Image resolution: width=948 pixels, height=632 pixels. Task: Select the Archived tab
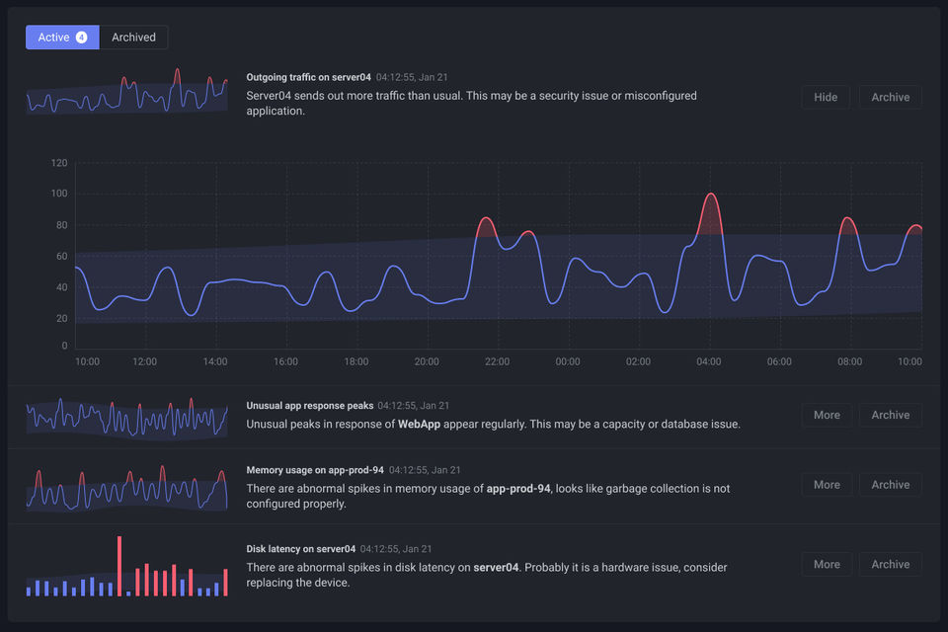(x=133, y=38)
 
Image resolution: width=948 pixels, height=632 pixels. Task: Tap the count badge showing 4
(x=81, y=38)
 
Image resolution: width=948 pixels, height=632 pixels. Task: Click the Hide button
(x=826, y=97)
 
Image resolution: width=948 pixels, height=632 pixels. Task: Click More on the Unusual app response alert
(x=827, y=415)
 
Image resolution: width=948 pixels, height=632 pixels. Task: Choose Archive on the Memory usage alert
(x=890, y=485)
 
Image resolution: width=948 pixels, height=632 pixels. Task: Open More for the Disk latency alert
(x=827, y=564)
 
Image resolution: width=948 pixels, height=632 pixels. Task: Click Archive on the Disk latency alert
(x=890, y=564)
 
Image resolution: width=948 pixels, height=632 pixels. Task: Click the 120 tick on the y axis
(x=59, y=163)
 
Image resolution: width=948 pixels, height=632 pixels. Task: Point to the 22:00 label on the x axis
(x=497, y=361)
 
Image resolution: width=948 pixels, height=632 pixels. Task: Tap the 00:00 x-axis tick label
(x=568, y=361)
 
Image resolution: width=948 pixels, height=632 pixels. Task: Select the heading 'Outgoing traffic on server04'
(x=308, y=76)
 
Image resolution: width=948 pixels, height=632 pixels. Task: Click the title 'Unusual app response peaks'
(x=309, y=405)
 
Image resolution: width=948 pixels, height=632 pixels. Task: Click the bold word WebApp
(x=418, y=424)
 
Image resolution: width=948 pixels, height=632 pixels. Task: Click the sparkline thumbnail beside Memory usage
(x=126, y=486)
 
